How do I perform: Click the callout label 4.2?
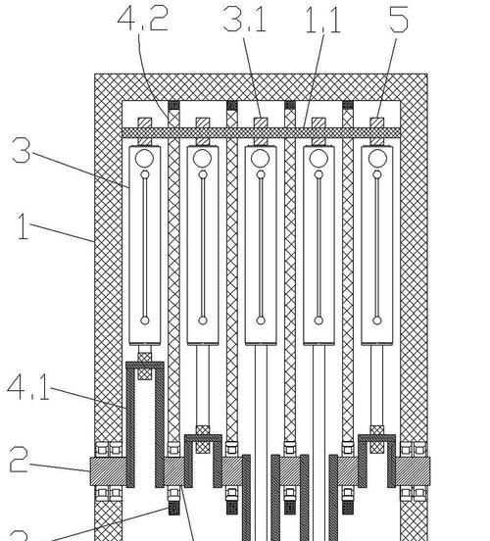tap(142, 18)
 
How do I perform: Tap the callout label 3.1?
tap(245, 20)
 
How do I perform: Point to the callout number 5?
tap(399, 20)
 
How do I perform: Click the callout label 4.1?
tap(28, 387)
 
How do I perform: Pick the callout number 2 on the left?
tap(19, 460)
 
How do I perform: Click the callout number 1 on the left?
tap(24, 226)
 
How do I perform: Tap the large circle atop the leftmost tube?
tap(145, 159)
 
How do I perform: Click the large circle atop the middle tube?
tap(261, 159)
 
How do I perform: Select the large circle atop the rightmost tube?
tap(377, 159)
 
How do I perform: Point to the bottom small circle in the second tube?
tap(203, 320)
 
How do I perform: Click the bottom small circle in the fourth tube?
tap(318, 320)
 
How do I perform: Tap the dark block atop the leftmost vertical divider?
tap(173, 105)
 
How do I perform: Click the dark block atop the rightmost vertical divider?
tap(348, 105)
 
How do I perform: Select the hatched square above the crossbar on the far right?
tap(377, 123)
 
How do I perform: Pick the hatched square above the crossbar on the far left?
tap(145, 123)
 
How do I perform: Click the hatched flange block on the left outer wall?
tap(108, 471)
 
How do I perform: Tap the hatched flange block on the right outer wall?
tap(413, 471)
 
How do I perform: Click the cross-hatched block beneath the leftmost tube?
tap(145, 366)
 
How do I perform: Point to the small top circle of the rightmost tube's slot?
tap(377, 174)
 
